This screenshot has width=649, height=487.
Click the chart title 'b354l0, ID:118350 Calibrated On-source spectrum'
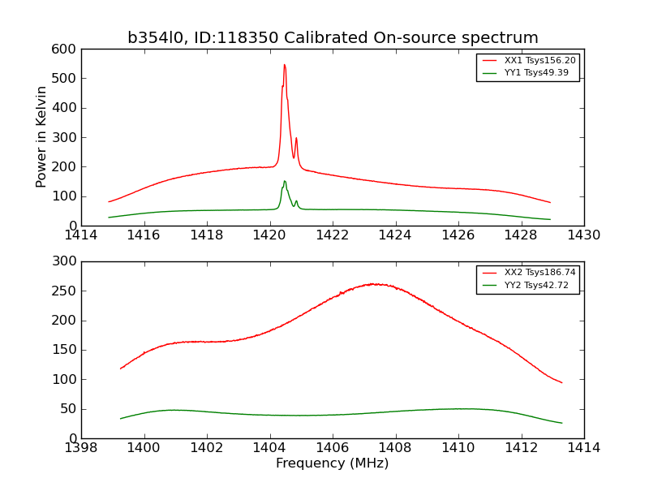333,38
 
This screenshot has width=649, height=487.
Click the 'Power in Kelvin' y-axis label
41,137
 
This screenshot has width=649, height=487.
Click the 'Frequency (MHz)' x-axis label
332,463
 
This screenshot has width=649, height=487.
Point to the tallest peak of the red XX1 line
284,65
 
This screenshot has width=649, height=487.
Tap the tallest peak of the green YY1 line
285,181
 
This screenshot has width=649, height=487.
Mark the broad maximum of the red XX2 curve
374,283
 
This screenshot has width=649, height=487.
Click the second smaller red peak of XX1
296,138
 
